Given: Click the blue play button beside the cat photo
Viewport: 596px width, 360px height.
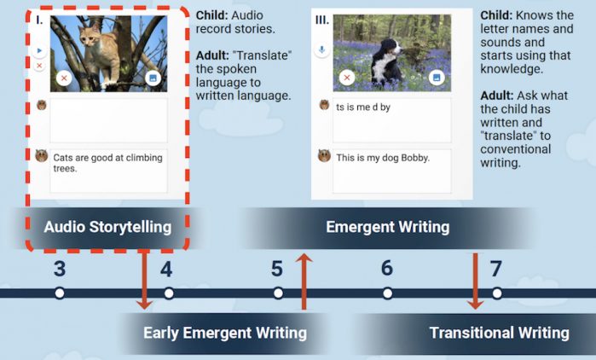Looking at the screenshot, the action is click(x=39, y=50).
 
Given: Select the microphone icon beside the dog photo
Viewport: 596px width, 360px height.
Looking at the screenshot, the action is click(x=321, y=49).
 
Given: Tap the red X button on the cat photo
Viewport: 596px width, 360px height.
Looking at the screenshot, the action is click(x=64, y=78).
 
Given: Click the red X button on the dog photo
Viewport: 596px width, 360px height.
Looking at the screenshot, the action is click(x=347, y=78).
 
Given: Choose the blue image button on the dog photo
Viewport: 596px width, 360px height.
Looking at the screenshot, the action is click(x=437, y=78).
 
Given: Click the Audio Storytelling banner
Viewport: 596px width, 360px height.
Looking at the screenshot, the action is click(x=107, y=228).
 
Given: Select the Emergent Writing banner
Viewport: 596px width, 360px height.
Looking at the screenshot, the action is click(x=387, y=228).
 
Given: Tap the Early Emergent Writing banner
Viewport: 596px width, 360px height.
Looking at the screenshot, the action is click(x=225, y=334).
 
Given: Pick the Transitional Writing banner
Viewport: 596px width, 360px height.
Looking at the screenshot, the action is click(x=499, y=334).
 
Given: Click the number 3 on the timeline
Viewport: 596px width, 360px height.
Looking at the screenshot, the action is click(x=60, y=269).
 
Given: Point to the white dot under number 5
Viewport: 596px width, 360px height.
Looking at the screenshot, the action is click(x=278, y=293).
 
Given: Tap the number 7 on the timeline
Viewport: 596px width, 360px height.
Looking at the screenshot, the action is click(x=496, y=269).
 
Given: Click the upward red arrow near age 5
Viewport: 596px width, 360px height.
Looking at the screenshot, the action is click(x=304, y=282).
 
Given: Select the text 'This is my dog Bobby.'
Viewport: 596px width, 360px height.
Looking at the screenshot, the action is click(x=383, y=158).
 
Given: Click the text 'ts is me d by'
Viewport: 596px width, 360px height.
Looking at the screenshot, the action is click(x=363, y=107).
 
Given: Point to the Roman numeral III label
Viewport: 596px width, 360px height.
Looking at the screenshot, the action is click(x=322, y=20).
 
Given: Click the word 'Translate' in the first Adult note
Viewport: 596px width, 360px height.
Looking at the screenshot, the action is click(x=263, y=55).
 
